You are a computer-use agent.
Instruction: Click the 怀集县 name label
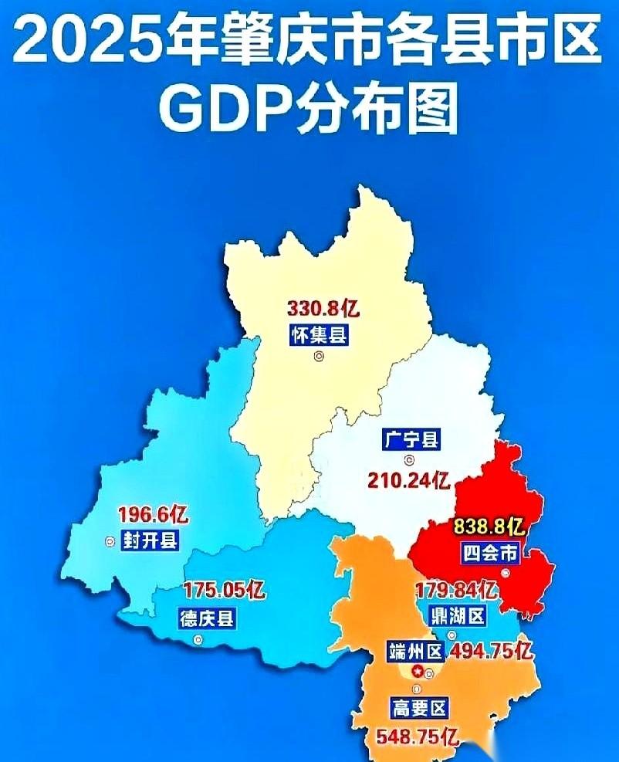(x=318, y=335)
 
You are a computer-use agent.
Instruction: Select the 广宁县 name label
(x=411, y=440)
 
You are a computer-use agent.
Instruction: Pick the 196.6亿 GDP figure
(x=153, y=513)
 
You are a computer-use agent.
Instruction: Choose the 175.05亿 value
(x=225, y=591)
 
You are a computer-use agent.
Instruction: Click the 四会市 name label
(x=490, y=553)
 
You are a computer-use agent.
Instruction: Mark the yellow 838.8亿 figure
(x=489, y=527)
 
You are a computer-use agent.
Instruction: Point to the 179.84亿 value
(x=455, y=591)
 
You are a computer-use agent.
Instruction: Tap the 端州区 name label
(x=416, y=652)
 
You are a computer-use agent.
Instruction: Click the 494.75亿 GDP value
(x=492, y=651)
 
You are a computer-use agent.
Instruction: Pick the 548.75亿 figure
(x=418, y=736)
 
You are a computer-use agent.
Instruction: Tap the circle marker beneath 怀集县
(x=318, y=356)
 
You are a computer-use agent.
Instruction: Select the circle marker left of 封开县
(x=109, y=541)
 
